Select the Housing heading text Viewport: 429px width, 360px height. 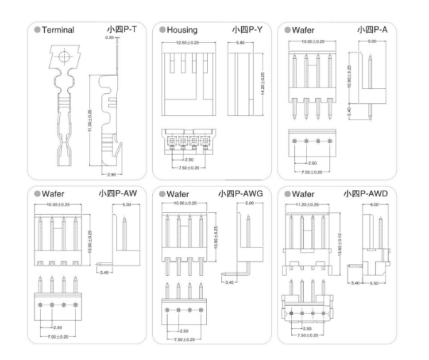184,30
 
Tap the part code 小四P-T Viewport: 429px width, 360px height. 123,30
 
